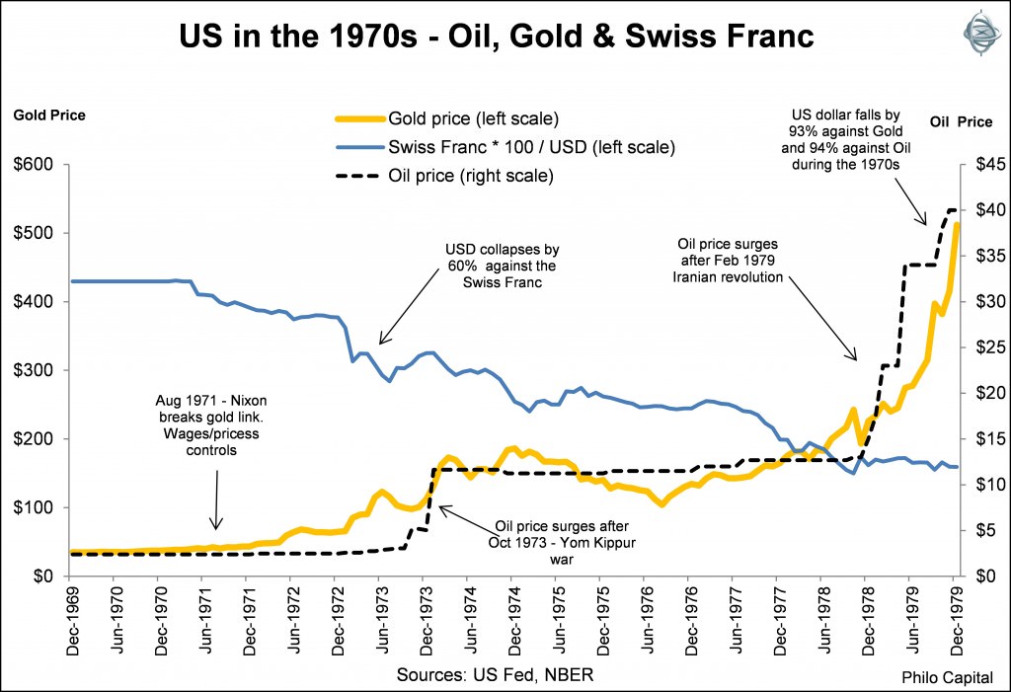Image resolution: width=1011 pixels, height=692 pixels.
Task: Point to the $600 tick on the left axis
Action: point(36,164)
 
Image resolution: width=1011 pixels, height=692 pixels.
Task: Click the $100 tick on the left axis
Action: point(36,507)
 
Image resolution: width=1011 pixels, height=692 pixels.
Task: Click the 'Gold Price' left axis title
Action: point(49,115)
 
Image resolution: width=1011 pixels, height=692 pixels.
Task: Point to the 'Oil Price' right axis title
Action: point(961,122)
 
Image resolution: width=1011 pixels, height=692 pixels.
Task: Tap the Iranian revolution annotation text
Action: point(730,261)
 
